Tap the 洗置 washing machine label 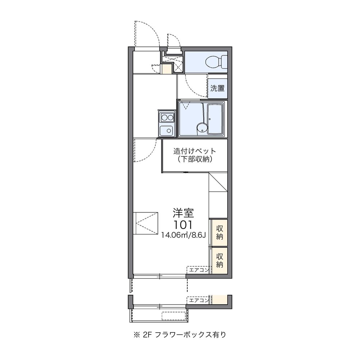(218, 88)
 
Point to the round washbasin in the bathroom (201, 127)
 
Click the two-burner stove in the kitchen (167, 117)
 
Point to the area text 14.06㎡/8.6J (183, 236)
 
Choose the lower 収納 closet (220, 260)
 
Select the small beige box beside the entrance (166, 68)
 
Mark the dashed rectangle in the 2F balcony (174, 316)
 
